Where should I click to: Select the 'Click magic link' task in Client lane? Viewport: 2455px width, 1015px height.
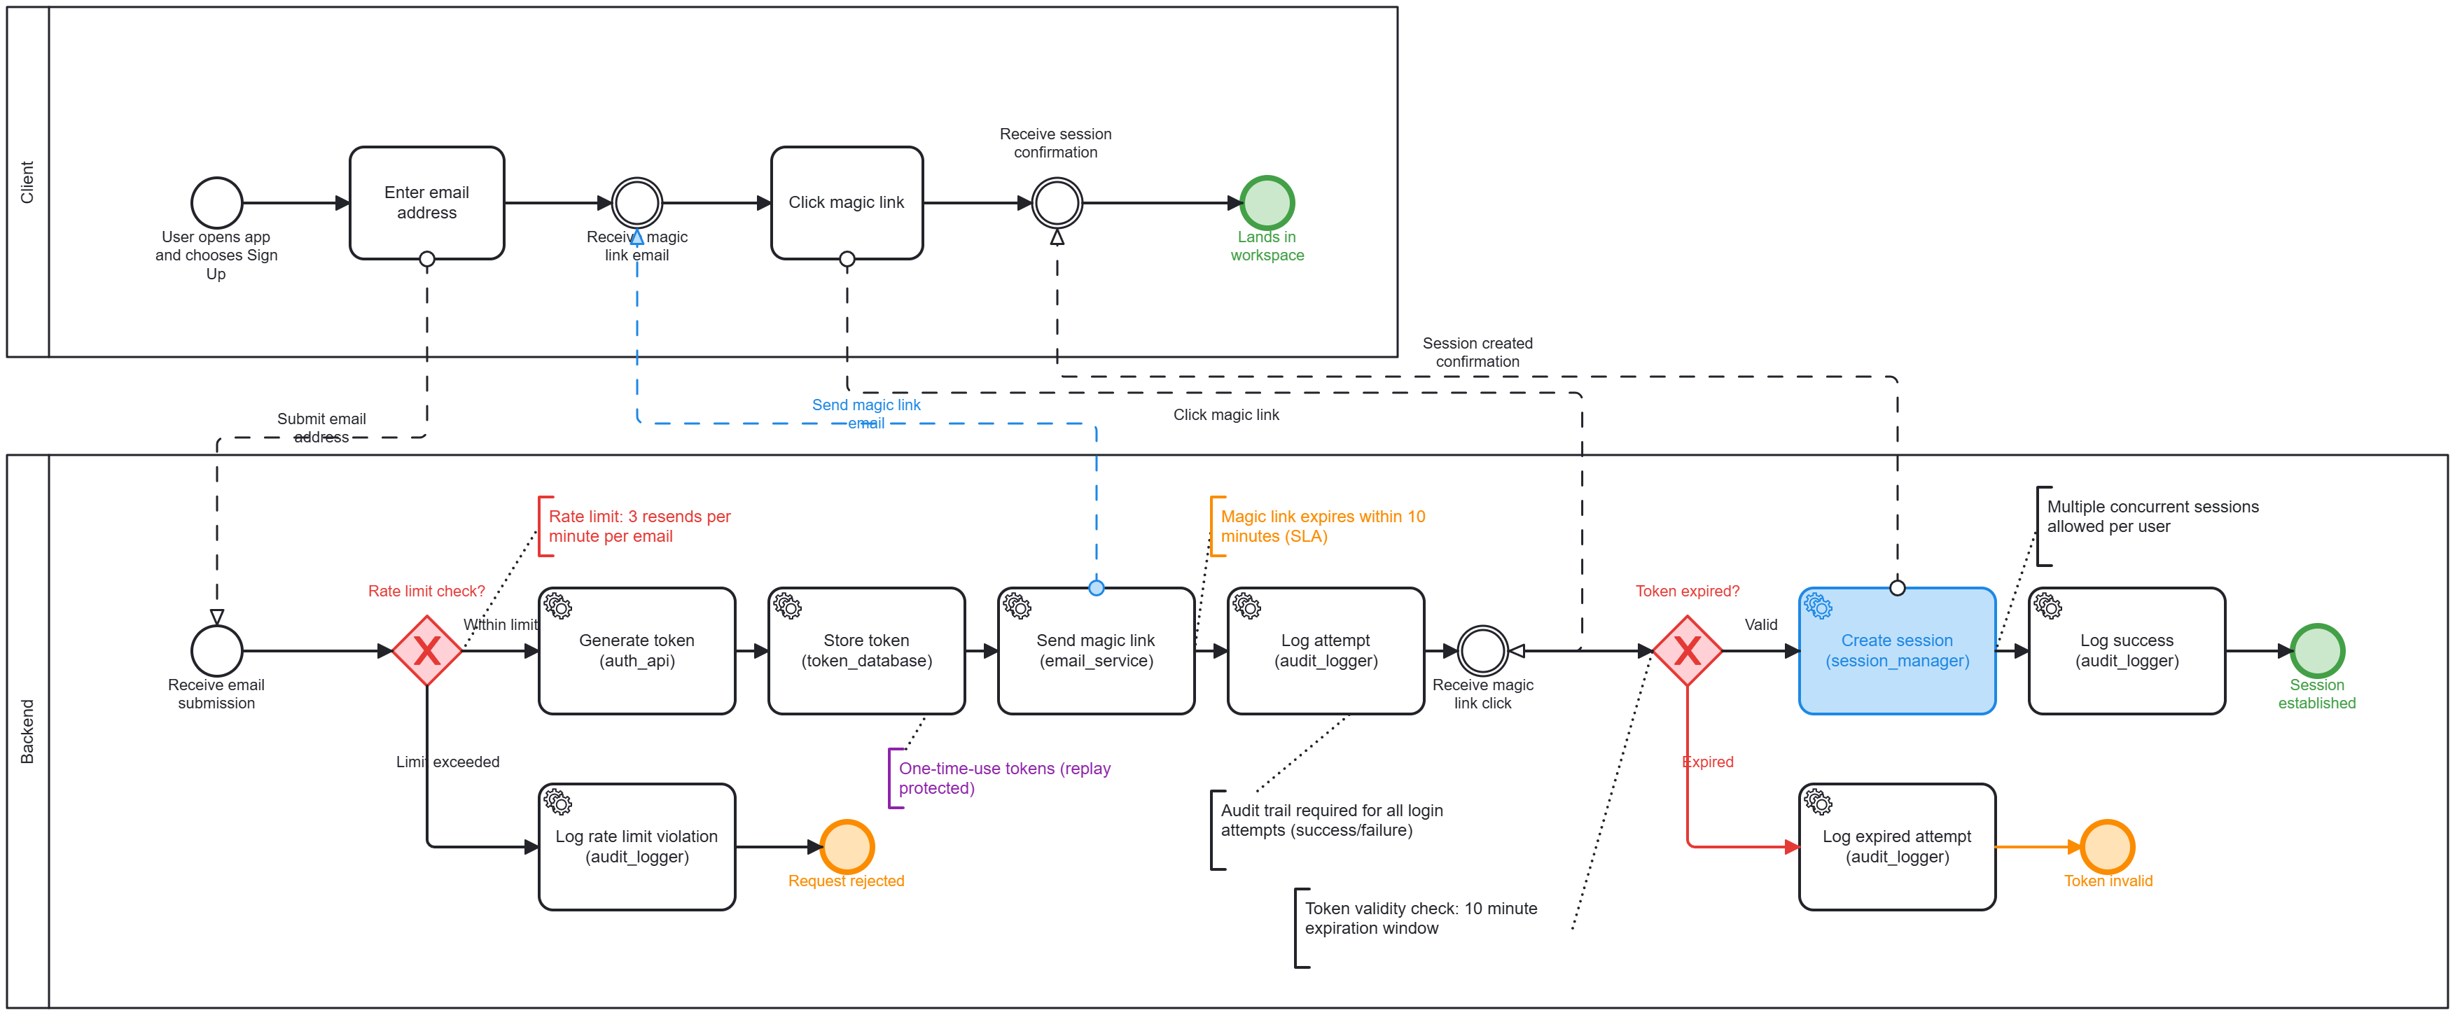click(x=847, y=202)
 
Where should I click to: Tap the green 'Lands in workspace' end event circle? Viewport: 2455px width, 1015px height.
click(x=1267, y=202)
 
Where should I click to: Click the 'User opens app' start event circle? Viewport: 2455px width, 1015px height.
click(x=216, y=202)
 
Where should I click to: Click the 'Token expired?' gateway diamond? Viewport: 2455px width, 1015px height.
click(x=1687, y=651)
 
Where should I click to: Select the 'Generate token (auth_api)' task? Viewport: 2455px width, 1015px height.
click(x=637, y=651)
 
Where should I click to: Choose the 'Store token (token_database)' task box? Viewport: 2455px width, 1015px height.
click(x=866, y=651)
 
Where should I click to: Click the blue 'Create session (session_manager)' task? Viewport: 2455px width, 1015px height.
click(x=1896, y=651)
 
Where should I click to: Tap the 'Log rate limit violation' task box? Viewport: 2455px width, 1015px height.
click(x=637, y=846)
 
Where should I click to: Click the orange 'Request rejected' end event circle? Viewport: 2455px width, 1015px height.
click(x=847, y=846)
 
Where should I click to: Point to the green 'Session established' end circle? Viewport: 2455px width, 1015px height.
click(x=2317, y=651)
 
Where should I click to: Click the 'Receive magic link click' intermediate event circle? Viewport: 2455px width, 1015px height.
click(x=1483, y=651)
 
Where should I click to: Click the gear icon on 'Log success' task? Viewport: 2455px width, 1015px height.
click(x=2048, y=606)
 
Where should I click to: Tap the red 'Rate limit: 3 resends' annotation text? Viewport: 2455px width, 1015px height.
click(x=639, y=526)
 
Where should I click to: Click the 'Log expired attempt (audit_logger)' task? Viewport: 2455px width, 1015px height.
click(x=1896, y=846)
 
